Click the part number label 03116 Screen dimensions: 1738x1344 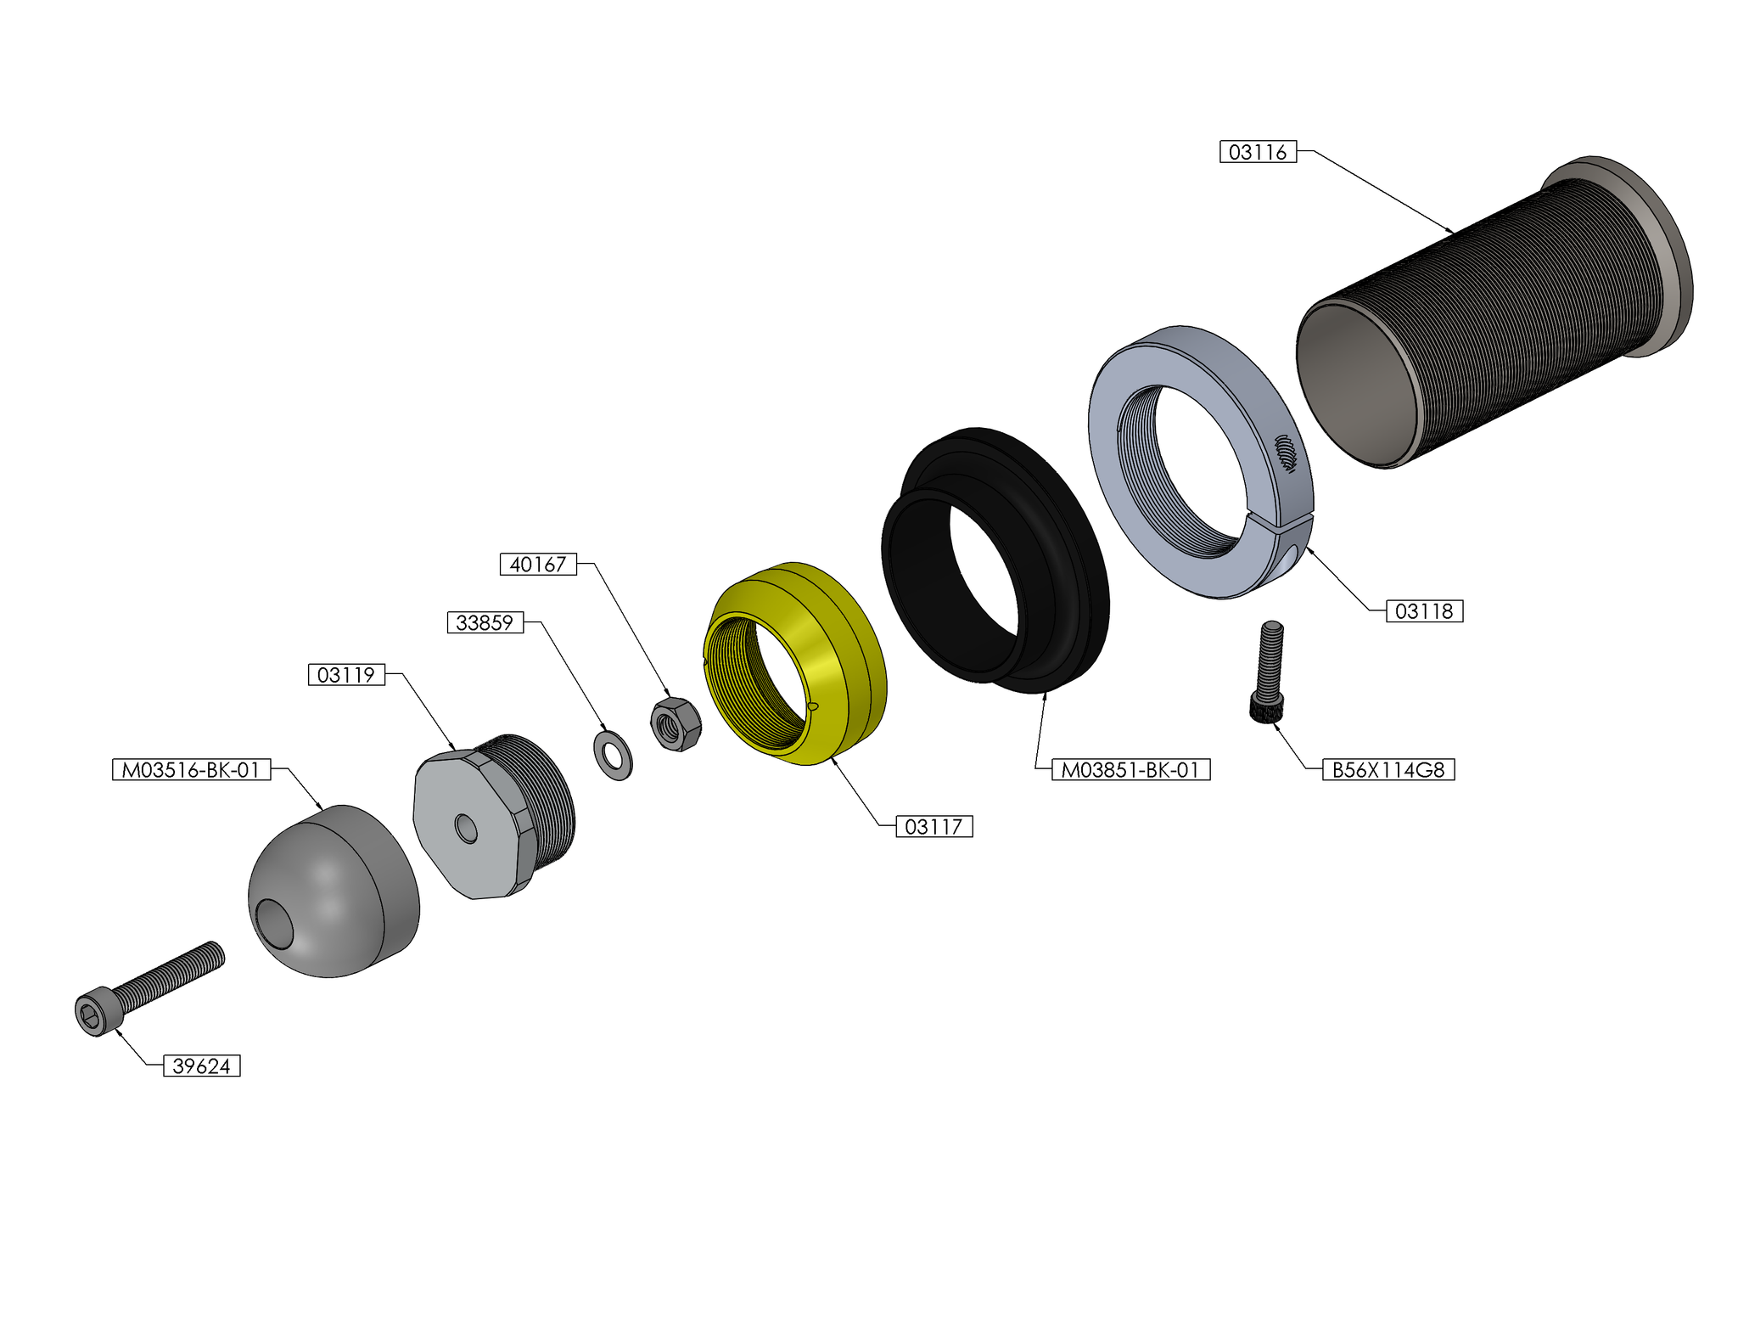click(x=1258, y=152)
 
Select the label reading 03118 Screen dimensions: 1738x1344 click(x=1424, y=610)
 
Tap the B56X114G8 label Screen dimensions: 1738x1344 click(x=1388, y=770)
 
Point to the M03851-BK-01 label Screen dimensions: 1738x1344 click(x=1130, y=770)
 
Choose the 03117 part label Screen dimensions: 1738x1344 click(x=934, y=826)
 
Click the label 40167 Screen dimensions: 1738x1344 click(x=538, y=564)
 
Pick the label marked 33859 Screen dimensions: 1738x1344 click(x=485, y=622)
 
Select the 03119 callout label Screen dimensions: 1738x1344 click(x=346, y=675)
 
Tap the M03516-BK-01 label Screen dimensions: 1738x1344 click(x=191, y=770)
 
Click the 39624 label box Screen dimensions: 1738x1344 click(x=202, y=1066)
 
